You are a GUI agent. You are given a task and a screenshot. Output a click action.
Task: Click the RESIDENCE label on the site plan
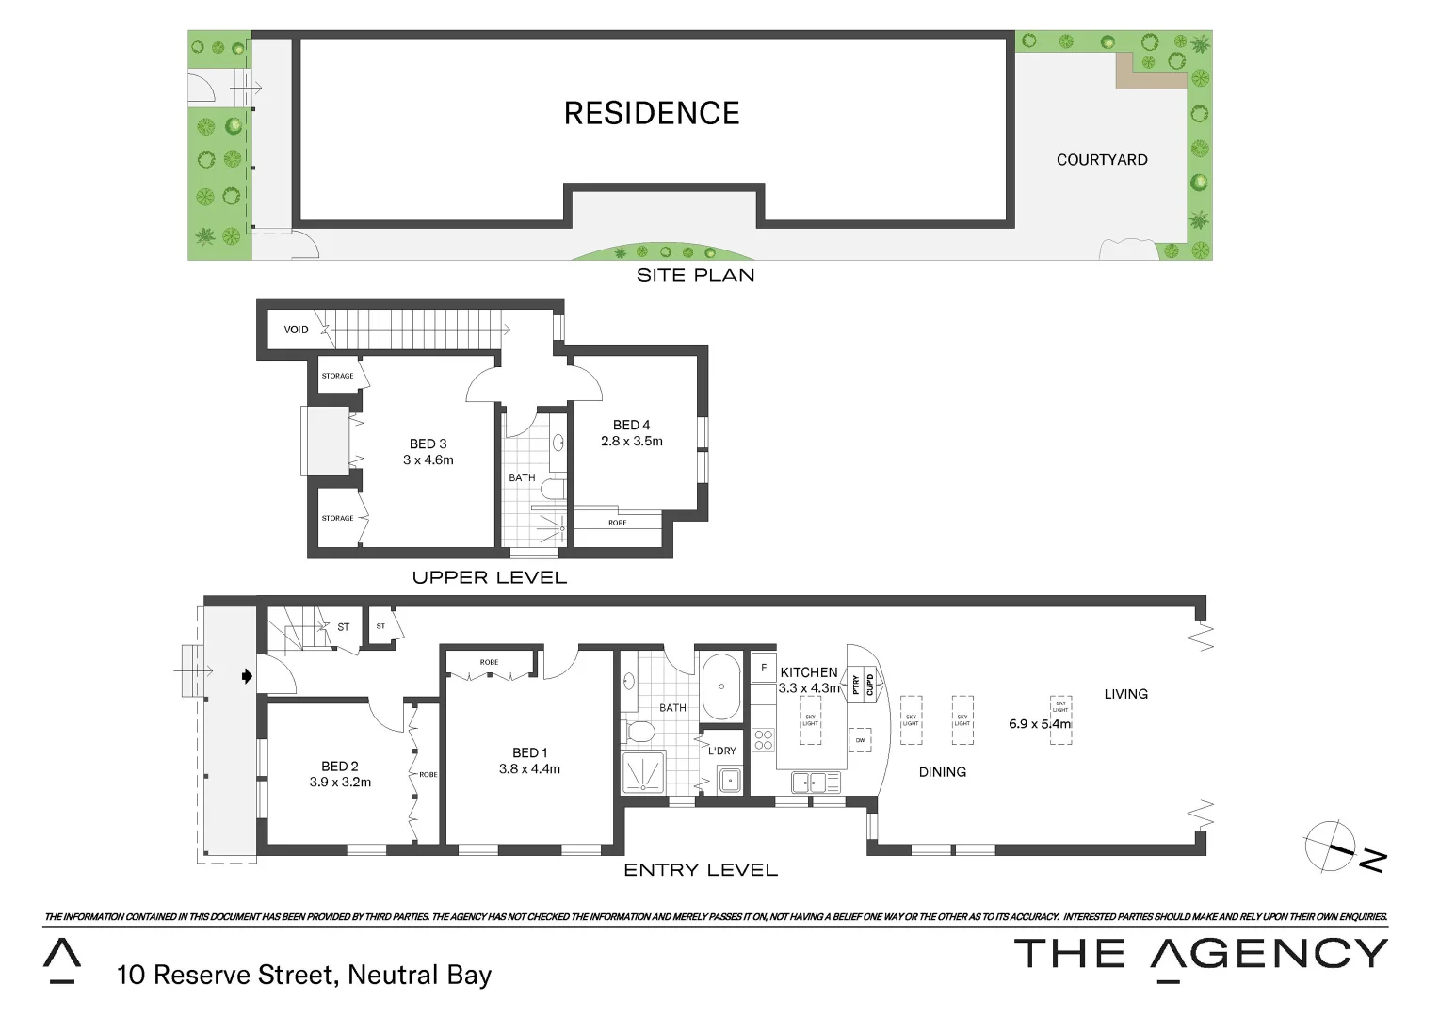click(x=652, y=113)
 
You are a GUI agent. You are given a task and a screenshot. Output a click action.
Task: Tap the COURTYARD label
click(x=1102, y=160)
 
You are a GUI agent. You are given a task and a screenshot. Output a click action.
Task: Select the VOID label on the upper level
click(x=296, y=330)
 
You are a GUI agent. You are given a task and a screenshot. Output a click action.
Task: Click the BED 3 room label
click(x=428, y=444)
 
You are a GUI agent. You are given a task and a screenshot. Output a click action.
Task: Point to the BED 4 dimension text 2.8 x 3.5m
click(x=632, y=441)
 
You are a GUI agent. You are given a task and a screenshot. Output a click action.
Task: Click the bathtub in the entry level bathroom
click(x=721, y=686)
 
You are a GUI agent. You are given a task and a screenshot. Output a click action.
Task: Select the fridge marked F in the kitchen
click(x=764, y=668)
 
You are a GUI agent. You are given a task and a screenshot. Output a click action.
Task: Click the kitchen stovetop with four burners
click(x=764, y=740)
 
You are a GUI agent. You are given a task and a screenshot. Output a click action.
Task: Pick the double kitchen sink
click(x=816, y=782)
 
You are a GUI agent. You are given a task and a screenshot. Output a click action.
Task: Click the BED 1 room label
click(x=529, y=752)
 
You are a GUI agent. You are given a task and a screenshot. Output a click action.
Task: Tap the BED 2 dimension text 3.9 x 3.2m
click(x=340, y=782)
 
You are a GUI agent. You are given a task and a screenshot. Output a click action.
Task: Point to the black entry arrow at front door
click(x=247, y=676)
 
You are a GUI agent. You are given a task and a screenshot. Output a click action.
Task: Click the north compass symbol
click(x=1330, y=846)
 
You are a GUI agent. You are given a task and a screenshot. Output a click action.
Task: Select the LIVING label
click(x=1125, y=694)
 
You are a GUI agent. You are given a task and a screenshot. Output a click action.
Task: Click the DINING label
click(x=942, y=772)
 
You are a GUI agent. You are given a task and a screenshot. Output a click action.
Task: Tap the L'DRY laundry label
click(x=721, y=751)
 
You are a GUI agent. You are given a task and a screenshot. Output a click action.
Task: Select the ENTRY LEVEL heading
click(x=701, y=870)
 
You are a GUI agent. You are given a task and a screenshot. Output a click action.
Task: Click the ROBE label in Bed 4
click(x=617, y=523)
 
